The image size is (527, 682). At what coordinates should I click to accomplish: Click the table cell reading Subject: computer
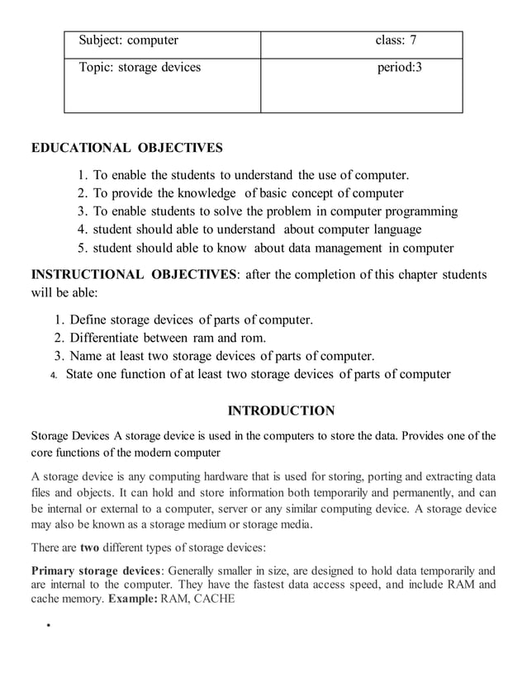(x=129, y=40)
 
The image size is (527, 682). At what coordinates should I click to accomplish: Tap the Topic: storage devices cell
(x=140, y=67)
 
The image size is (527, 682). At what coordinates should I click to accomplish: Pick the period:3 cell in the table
(x=399, y=67)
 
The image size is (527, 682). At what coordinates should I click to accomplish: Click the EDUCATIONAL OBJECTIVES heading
(x=126, y=149)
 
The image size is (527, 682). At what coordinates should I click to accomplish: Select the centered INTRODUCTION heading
(x=281, y=410)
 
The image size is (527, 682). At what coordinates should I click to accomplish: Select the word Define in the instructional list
(x=88, y=320)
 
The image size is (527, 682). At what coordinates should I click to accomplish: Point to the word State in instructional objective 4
(x=81, y=374)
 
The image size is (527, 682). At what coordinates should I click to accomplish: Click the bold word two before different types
(x=90, y=547)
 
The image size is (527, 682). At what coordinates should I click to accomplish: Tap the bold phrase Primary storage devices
(x=95, y=570)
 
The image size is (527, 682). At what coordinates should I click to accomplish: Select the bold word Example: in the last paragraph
(x=132, y=599)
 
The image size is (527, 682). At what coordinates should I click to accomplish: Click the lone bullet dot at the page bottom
(x=50, y=626)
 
